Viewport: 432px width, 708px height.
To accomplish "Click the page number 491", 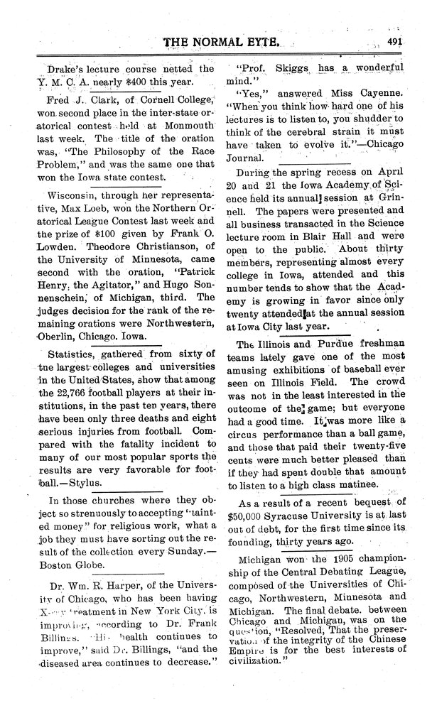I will [396, 42].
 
